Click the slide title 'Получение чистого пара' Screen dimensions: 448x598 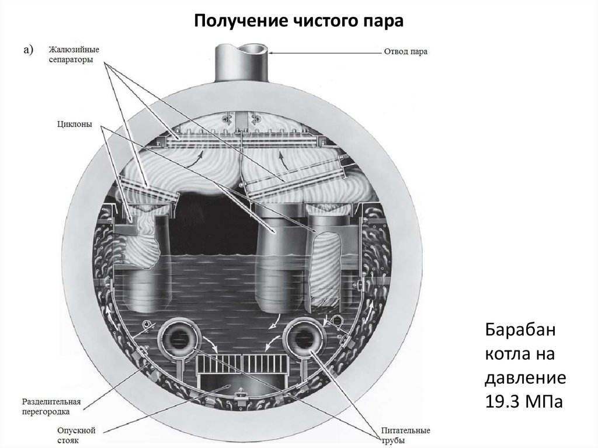coord(298,21)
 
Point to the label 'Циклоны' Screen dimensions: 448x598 coord(75,124)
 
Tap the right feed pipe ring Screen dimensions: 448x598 coord(303,339)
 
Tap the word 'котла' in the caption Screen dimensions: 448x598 coord(505,355)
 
